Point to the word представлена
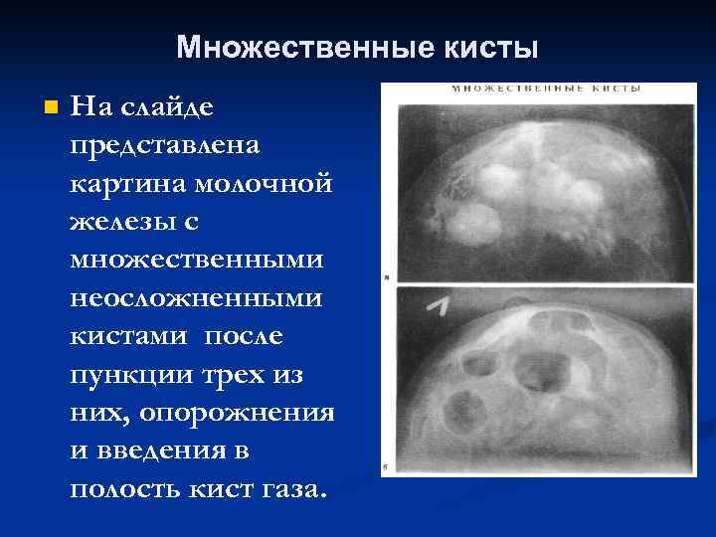point(166,145)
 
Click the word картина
point(117,184)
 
